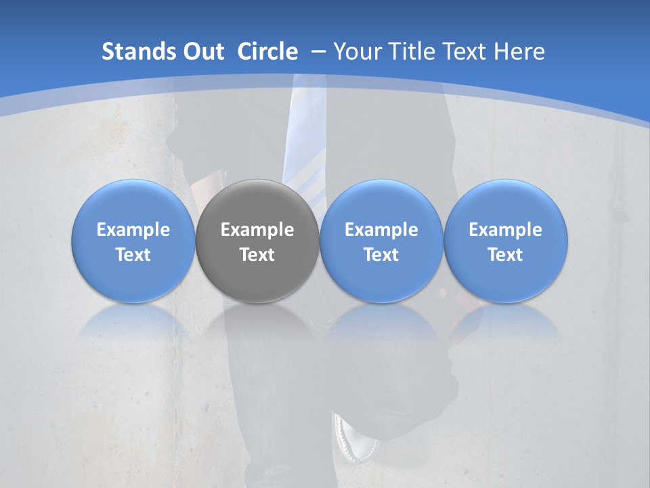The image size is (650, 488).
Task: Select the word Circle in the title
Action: click(x=267, y=52)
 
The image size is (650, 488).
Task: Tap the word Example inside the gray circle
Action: click(x=257, y=230)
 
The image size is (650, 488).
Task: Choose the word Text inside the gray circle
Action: click(x=257, y=255)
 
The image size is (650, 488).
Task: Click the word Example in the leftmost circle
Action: click(x=133, y=230)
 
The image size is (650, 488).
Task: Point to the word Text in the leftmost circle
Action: click(x=133, y=255)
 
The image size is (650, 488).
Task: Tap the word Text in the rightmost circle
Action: click(x=506, y=255)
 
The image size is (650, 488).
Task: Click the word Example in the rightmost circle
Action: click(x=506, y=230)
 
